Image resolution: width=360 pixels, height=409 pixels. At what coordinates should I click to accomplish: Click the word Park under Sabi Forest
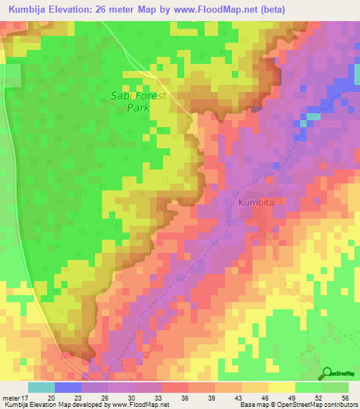point(139,108)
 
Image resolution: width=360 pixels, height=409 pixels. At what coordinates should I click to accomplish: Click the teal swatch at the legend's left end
point(41,387)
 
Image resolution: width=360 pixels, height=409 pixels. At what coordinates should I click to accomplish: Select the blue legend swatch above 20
point(67,387)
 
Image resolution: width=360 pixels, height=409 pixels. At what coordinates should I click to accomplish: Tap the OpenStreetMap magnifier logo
point(328,373)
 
